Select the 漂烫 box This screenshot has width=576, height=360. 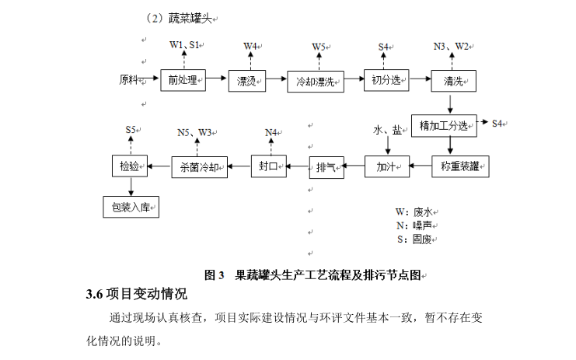[248, 79]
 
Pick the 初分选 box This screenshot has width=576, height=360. [385, 79]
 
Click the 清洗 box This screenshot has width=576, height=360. [454, 79]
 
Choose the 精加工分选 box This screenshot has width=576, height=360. [444, 125]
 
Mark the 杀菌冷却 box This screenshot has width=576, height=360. [200, 166]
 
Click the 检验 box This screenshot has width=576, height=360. [129, 166]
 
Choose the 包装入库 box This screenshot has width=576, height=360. [131, 207]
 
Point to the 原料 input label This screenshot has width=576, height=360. [130, 79]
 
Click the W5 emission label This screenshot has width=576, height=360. [319, 47]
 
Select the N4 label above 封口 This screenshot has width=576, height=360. [271, 132]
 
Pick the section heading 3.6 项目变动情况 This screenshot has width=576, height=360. [136, 295]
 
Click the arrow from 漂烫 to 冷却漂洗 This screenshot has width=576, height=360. [278, 79]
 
